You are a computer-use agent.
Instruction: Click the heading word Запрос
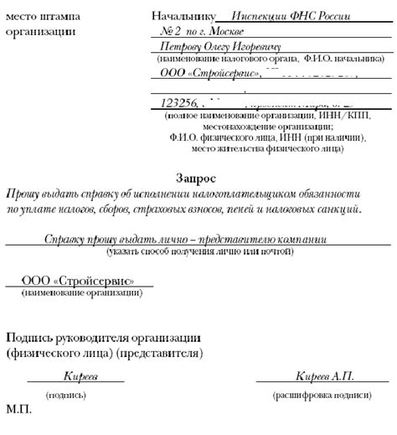tap(198, 179)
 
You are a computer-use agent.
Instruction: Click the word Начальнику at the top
tap(183, 17)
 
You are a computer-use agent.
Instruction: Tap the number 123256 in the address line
tap(178, 103)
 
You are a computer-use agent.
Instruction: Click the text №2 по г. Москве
tap(200, 31)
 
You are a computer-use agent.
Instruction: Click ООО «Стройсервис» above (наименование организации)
tap(77, 281)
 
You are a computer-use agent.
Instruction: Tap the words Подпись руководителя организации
tap(101, 337)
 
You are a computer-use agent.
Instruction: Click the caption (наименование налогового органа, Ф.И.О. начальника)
tap(260, 59)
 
